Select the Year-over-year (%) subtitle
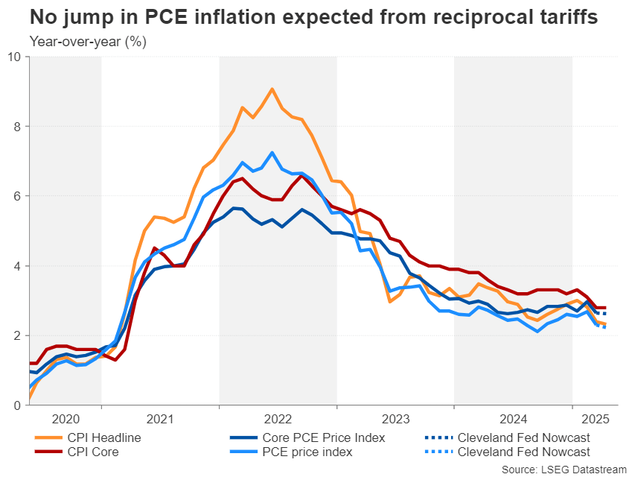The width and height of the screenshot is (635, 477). pyautogui.click(x=88, y=42)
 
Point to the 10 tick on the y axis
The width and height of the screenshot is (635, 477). pyautogui.click(x=16, y=57)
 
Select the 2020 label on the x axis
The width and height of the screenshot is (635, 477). pyautogui.click(x=66, y=420)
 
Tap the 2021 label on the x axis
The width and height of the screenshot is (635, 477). pyautogui.click(x=160, y=420)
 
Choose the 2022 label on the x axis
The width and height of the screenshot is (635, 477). pyautogui.click(x=278, y=420)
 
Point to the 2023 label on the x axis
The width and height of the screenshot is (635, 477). pyautogui.click(x=395, y=420)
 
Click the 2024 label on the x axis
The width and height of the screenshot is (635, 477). pyautogui.click(x=513, y=420)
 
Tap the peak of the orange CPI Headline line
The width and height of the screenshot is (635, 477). pyautogui.click(x=272, y=89)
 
